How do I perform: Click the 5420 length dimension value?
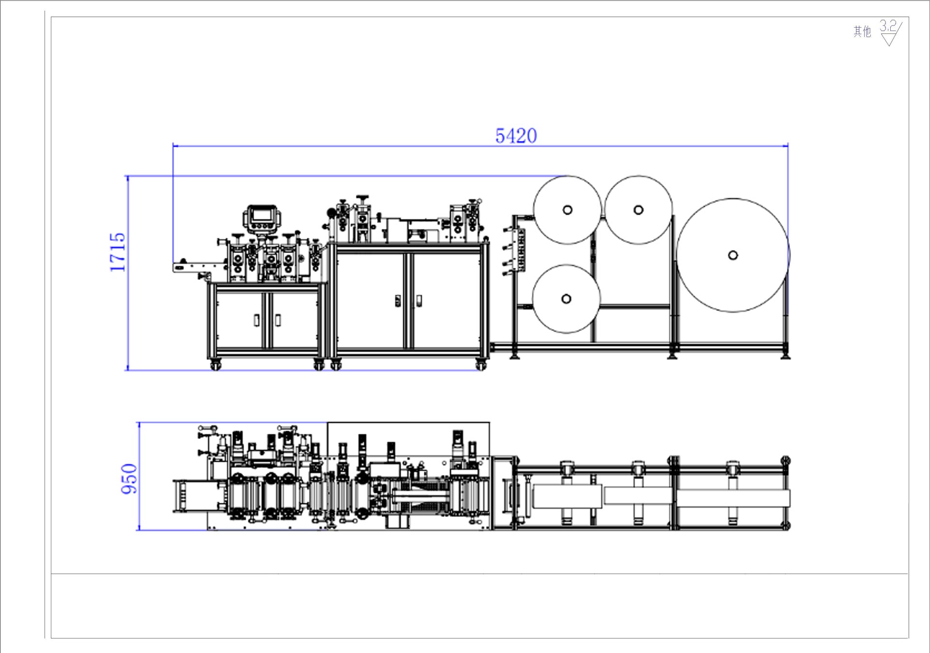tap(516, 136)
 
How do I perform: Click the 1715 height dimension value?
tap(118, 252)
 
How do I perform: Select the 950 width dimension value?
tap(129, 479)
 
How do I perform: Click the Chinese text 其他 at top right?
tap(862, 32)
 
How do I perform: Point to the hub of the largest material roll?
tap(733, 255)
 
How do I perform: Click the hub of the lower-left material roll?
tap(566, 299)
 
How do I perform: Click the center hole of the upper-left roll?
tap(567, 210)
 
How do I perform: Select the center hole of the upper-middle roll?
tap(638, 210)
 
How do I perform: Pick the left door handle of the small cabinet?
tap(256, 320)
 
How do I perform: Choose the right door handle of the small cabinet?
tap(278, 320)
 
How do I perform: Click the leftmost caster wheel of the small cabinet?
tap(216, 365)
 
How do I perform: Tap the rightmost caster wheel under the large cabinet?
tap(480, 365)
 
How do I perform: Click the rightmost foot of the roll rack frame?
tap(785, 356)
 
